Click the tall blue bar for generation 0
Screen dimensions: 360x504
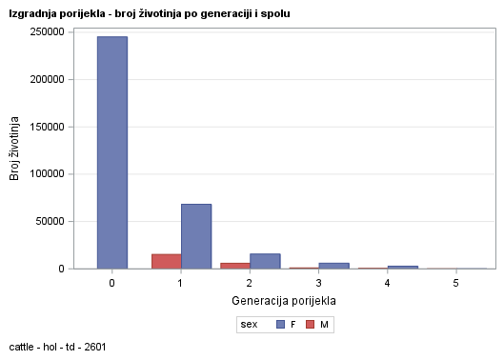pos(112,152)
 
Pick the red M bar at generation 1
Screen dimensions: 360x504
pos(166,261)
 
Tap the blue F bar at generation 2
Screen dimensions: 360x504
pos(265,261)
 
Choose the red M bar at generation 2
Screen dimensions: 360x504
pos(234,266)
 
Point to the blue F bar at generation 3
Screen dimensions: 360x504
pos(333,266)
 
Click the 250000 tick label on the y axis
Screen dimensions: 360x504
pos(47,31)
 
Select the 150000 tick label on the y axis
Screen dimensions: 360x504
pos(47,127)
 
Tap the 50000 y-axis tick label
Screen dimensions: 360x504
pos(50,222)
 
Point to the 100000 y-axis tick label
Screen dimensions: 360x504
pos(47,174)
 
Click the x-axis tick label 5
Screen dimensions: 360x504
pos(455,284)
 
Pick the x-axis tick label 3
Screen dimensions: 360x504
pos(318,284)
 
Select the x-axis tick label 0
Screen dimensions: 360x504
pos(112,284)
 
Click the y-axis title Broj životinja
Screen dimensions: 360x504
pos(14,150)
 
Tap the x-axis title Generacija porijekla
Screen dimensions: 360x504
pos(284,301)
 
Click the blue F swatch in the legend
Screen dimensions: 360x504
pos(281,325)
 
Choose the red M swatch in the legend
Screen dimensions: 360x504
pos(311,325)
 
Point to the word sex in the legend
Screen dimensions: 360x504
pos(250,325)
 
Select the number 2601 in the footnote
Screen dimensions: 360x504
pos(93,347)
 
